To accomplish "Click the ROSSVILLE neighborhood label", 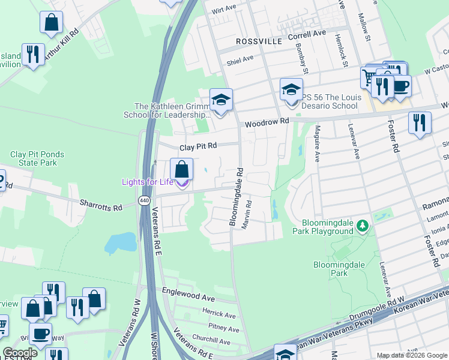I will click(259, 41).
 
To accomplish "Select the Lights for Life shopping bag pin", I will click(181, 170).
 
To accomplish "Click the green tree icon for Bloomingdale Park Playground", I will click(362, 226).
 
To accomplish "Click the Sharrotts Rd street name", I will click(101, 205).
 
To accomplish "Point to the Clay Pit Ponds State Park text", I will click(37, 158).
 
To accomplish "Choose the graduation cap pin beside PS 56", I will click(291, 91).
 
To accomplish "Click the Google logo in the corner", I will click(20, 352).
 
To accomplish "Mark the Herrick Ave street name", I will click(218, 313).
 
